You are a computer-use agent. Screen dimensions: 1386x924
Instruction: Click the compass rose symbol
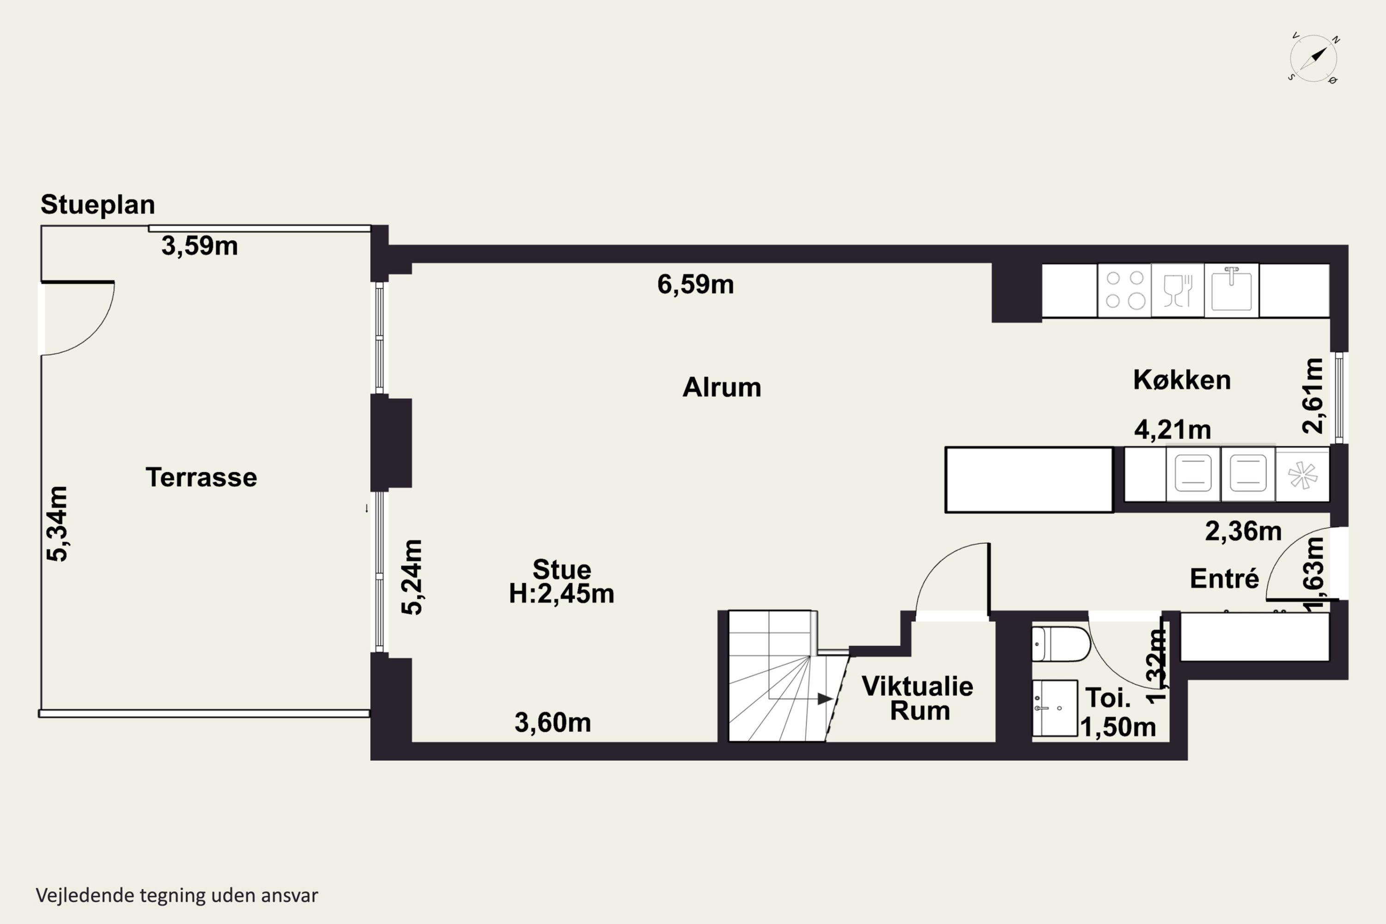tap(1313, 58)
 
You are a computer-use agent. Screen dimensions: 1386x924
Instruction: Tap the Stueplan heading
tap(98, 205)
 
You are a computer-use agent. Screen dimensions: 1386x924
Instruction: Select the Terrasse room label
tap(201, 477)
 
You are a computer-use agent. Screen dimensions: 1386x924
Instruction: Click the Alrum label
tap(722, 388)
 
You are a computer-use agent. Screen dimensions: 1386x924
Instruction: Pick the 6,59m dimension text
tap(696, 285)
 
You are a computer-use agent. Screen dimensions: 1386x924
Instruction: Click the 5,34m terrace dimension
tap(57, 524)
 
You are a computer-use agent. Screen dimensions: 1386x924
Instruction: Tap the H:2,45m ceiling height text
tap(562, 593)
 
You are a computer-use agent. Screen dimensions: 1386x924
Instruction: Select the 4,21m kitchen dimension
tap(1173, 430)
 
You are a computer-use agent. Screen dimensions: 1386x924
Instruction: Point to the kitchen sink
tap(1232, 290)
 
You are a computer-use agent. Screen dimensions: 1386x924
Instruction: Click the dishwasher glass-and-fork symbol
tap(1178, 290)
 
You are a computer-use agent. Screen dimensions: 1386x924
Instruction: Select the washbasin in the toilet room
tap(1055, 708)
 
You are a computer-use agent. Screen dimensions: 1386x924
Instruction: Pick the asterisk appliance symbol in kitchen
tap(1303, 475)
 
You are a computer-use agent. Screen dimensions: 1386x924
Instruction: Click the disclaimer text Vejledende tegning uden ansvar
tap(177, 895)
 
